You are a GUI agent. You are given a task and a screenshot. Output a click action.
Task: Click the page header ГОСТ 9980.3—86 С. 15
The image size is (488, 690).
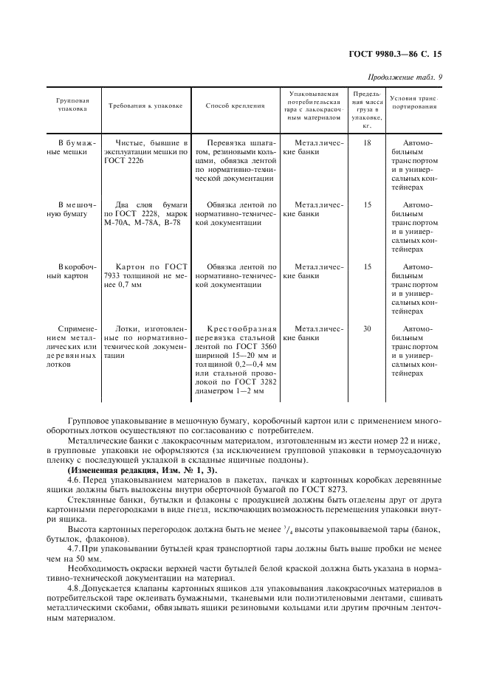(x=399, y=54)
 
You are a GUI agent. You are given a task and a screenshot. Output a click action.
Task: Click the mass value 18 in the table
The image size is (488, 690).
(x=367, y=142)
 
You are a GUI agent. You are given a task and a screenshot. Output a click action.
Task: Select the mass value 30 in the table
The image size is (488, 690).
(x=367, y=328)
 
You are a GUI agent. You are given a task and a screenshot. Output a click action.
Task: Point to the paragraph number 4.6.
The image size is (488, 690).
(x=75, y=480)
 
